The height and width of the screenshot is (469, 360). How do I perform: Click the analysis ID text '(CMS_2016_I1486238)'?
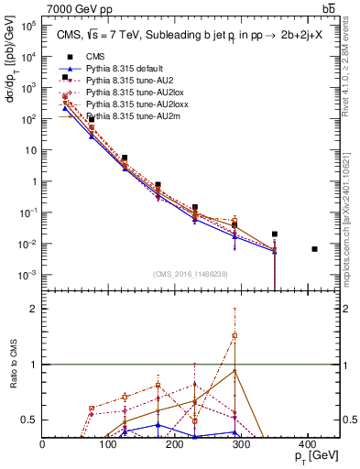[191, 274]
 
